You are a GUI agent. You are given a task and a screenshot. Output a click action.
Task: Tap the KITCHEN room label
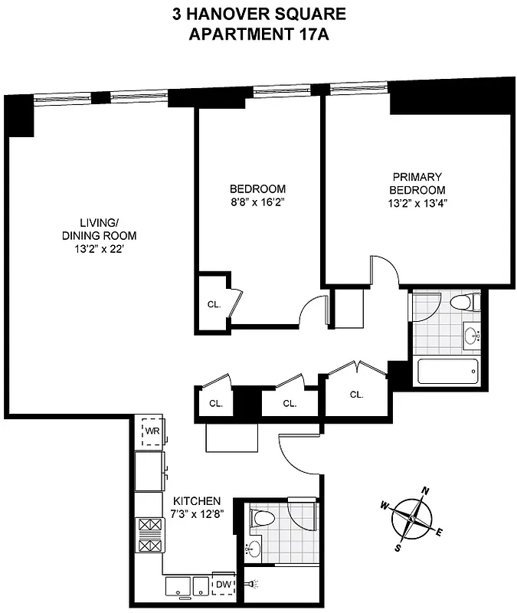click(197, 499)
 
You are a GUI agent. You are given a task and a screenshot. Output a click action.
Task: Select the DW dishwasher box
click(223, 585)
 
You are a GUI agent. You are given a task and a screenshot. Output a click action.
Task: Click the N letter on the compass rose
click(427, 491)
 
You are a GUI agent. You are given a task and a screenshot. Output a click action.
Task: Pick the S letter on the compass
click(398, 548)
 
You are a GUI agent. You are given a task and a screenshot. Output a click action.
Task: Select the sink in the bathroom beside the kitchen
click(254, 549)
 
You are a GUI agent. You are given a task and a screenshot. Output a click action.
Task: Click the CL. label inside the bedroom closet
click(214, 304)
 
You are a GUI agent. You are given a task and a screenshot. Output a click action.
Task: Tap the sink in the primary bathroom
click(471, 335)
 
